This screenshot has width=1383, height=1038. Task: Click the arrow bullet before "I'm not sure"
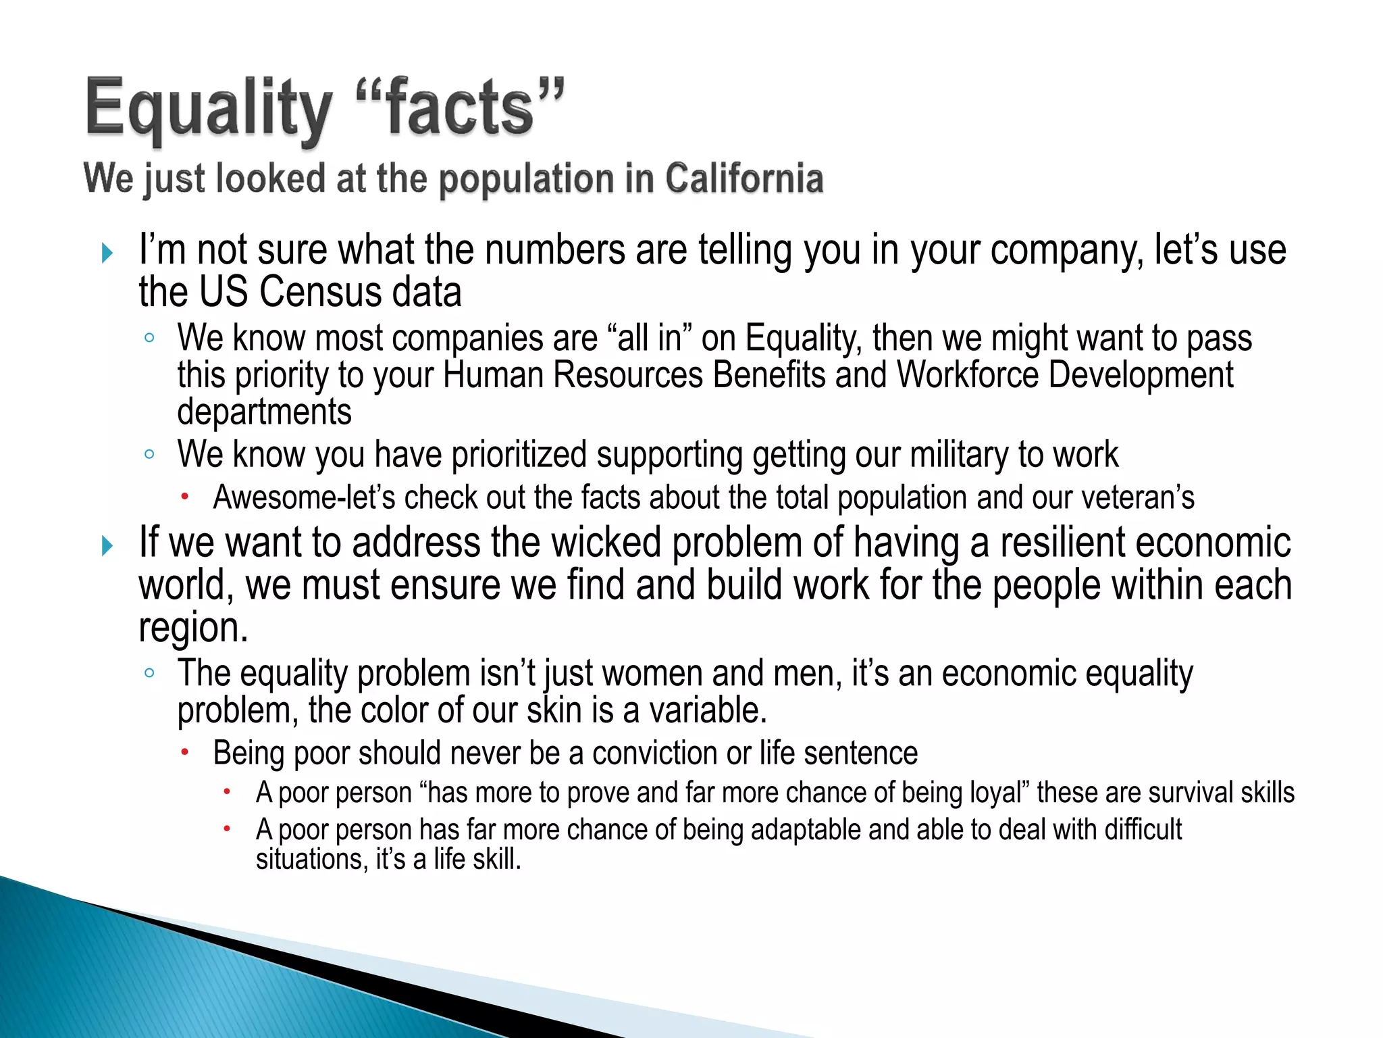pyautogui.click(x=107, y=253)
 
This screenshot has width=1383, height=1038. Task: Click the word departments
pyautogui.click(x=264, y=412)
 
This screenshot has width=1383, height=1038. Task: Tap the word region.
pyautogui.click(x=192, y=628)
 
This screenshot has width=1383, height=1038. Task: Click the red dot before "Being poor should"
pyautogui.click(x=184, y=751)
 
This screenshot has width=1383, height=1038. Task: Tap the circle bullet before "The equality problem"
pyautogui.click(x=149, y=672)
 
